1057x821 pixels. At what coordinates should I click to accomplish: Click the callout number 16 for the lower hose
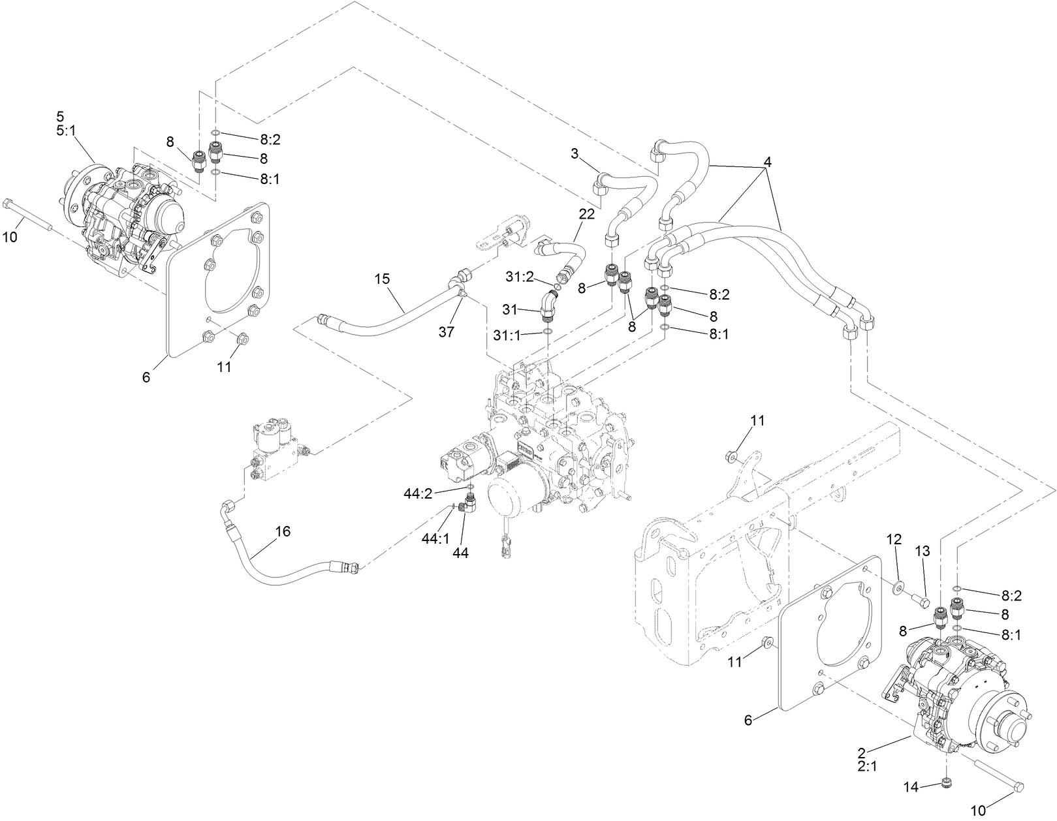point(282,531)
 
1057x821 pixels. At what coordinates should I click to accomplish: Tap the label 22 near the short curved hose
point(586,214)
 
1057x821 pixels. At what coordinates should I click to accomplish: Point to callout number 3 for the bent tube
point(574,153)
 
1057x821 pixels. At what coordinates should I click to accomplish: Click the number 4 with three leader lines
point(768,162)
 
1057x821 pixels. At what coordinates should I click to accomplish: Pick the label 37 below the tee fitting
point(446,332)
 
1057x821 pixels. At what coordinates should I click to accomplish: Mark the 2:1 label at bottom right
point(866,767)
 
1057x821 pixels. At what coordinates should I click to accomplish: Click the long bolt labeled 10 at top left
point(29,215)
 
